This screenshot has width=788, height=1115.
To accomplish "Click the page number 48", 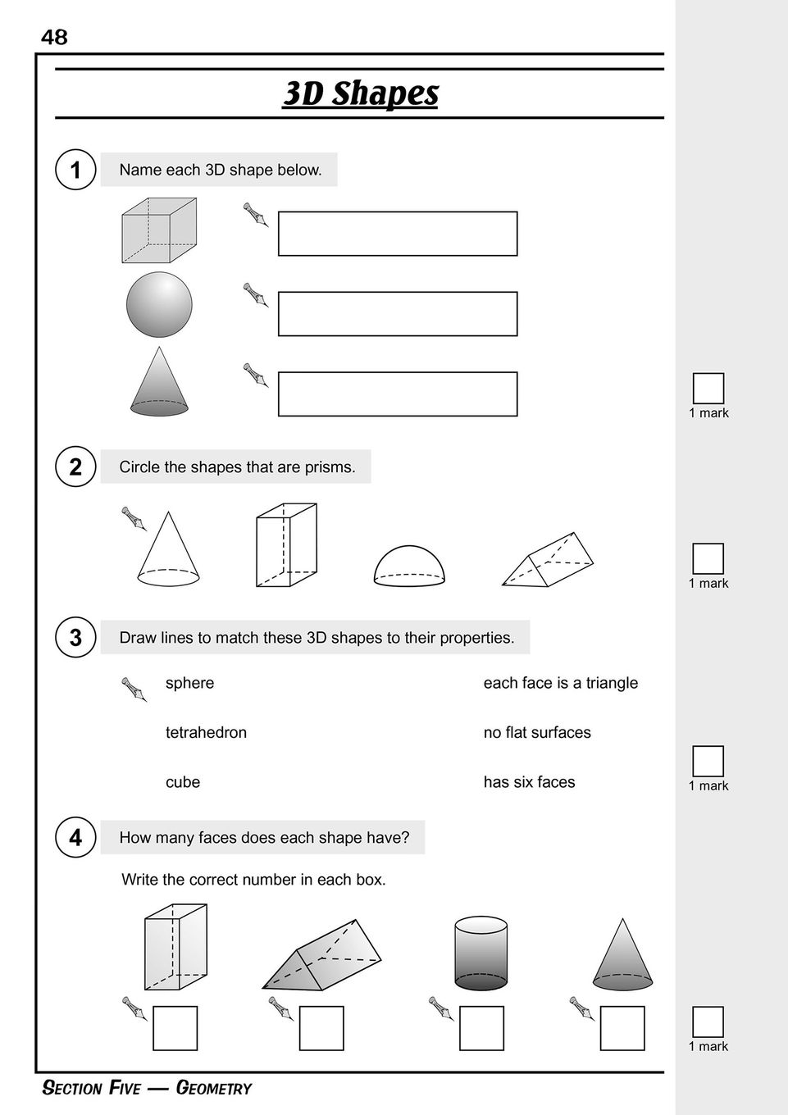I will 54,37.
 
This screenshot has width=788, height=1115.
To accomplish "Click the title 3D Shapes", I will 361,93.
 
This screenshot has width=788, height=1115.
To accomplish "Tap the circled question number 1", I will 75,170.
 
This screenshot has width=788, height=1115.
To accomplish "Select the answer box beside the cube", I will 398,234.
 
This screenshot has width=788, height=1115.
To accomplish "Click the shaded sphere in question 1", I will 159,304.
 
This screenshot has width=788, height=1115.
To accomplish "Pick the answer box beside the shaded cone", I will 398,394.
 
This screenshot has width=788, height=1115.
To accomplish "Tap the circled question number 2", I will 75,466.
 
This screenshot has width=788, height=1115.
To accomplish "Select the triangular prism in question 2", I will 548,561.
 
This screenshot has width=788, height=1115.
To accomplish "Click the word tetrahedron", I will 206,732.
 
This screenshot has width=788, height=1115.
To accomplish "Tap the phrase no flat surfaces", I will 537,732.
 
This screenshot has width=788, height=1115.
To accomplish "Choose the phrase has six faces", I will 529,782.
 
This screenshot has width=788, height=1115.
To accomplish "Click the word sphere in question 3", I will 189,683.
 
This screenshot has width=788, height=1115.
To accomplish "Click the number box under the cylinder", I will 481,1028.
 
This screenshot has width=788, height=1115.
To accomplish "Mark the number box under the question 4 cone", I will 622,1028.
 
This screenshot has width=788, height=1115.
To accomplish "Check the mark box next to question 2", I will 708,558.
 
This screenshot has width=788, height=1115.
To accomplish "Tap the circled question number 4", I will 75,837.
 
